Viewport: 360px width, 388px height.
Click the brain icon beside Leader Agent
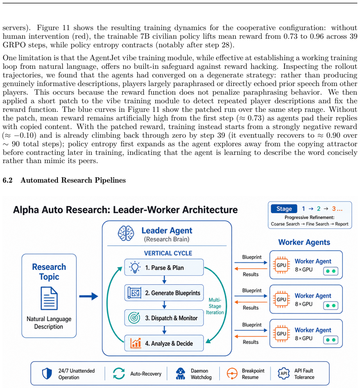coord(126,233)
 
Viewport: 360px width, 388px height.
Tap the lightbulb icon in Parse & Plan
coord(135,267)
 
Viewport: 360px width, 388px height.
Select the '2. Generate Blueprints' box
coord(164,293)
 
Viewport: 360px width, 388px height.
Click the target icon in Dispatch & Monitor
coord(134,318)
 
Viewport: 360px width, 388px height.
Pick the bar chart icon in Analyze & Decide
coord(136,343)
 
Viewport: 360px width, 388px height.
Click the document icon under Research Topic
coord(49,298)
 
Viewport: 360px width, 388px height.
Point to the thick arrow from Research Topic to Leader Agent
coord(88,296)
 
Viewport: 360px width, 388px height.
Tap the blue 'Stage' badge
coord(284,209)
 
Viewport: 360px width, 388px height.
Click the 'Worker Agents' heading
coord(304,242)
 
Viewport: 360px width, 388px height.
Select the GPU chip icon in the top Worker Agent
coord(281,265)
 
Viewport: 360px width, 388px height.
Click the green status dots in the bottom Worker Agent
coord(331,340)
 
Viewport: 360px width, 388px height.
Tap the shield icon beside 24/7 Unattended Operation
coord(47,374)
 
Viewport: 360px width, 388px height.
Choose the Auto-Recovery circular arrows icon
coord(119,374)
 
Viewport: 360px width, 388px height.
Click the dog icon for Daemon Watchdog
coord(181,374)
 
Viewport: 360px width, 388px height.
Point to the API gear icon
coord(284,374)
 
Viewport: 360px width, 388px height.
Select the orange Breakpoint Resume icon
coord(232,374)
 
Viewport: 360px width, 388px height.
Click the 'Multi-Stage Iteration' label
coord(215,306)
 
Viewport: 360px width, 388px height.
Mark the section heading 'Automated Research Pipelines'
coord(73,180)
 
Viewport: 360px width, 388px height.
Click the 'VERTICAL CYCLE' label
coord(168,253)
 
